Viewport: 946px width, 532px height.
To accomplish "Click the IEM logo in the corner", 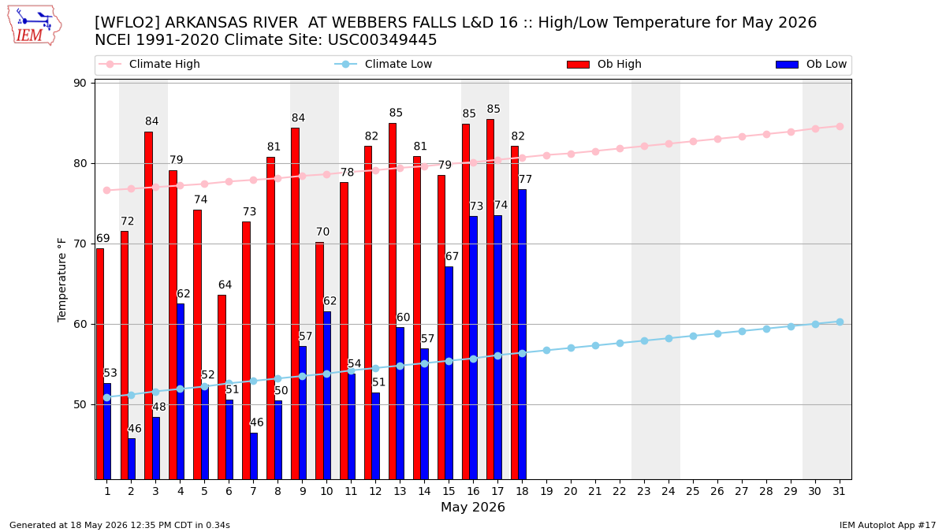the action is point(35,25).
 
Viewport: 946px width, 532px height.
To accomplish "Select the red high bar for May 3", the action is point(149,306).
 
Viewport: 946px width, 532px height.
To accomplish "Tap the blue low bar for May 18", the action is point(523,334).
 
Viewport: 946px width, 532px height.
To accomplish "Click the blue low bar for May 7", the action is point(254,456).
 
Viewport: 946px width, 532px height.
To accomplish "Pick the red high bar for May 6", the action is point(222,387).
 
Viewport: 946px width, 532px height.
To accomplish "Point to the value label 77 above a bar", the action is point(525,179).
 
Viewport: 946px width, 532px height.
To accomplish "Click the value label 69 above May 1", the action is point(103,238).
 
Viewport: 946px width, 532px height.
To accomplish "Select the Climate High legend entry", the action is point(149,64).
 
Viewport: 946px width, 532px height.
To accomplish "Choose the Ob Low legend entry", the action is point(811,64).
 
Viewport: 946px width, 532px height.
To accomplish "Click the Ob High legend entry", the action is point(605,64).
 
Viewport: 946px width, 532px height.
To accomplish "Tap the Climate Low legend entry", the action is point(383,64).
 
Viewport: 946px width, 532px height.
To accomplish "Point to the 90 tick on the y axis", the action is point(80,84).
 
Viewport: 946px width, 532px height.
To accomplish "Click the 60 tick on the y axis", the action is point(80,324).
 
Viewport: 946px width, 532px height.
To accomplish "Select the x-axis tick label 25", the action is point(693,491).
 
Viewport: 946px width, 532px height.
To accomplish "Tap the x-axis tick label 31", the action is point(839,491).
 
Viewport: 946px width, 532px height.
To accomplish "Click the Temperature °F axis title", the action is point(61,280).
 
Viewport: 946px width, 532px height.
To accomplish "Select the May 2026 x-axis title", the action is point(473,507).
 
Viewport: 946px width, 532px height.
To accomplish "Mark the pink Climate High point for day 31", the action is point(840,127).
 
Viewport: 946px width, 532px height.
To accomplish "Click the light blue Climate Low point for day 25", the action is point(694,336).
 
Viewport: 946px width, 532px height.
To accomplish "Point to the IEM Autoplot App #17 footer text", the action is point(888,525).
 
